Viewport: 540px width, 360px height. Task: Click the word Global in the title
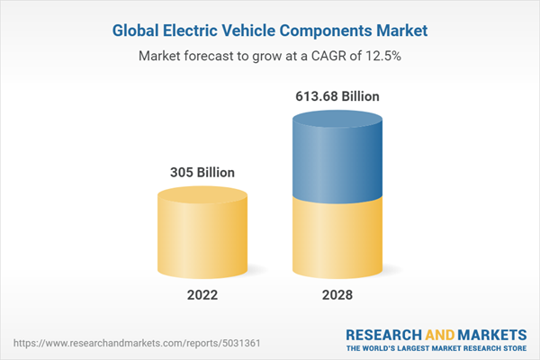(x=139, y=30)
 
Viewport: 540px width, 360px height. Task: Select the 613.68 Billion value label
(x=337, y=94)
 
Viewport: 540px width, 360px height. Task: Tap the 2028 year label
(x=337, y=293)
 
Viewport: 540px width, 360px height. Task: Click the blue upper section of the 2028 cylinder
(x=337, y=157)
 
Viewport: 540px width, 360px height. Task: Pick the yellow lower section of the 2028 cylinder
(x=337, y=238)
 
